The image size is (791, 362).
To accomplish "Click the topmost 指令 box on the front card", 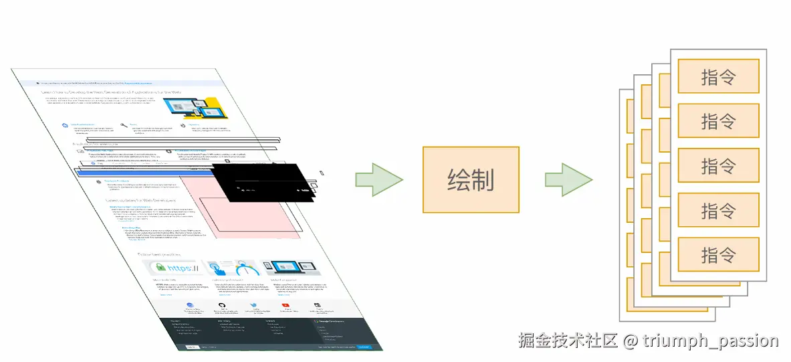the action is point(718,76).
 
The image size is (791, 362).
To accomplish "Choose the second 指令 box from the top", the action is point(718,121).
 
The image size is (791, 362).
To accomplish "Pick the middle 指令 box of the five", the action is point(718,165).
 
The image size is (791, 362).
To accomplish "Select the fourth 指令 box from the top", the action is point(718,210).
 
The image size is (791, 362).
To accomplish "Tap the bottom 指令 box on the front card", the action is point(718,254).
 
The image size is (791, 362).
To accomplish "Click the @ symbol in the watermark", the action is point(629,341).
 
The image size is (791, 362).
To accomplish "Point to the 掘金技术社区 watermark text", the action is point(568,341).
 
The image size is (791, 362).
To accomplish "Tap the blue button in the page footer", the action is point(363,347).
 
